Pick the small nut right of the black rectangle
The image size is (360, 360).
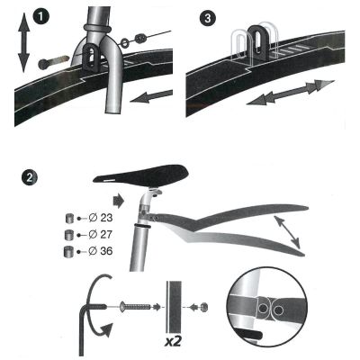pos(204,308)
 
